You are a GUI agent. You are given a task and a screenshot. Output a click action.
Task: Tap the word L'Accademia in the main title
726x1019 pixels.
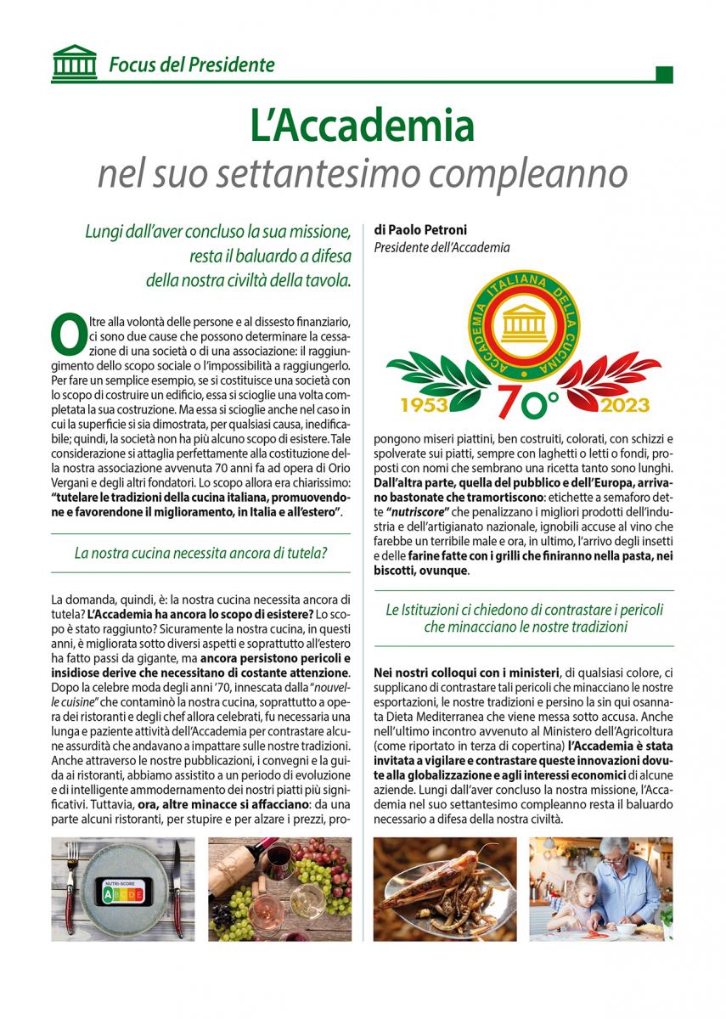click(362, 125)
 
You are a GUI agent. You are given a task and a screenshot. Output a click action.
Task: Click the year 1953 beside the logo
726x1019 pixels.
click(423, 405)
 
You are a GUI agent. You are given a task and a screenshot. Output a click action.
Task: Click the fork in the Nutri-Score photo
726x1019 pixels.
click(73, 887)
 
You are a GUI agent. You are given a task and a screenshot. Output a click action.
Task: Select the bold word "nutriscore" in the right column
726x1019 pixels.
click(423, 513)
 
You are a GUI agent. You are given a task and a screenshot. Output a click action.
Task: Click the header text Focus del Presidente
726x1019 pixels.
click(191, 65)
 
